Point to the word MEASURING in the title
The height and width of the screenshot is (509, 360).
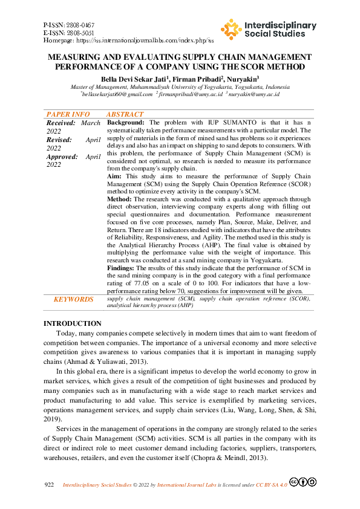[72, 56]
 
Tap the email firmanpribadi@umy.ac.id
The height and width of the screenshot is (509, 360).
[189, 94]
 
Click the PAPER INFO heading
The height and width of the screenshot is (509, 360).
[68, 114]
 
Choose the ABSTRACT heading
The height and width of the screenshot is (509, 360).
[125, 114]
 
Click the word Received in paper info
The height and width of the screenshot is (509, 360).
[61, 123]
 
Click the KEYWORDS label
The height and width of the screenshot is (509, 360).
[73, 299]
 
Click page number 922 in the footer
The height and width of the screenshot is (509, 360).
[51, 485]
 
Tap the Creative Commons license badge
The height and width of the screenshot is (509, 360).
[303, 482]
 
